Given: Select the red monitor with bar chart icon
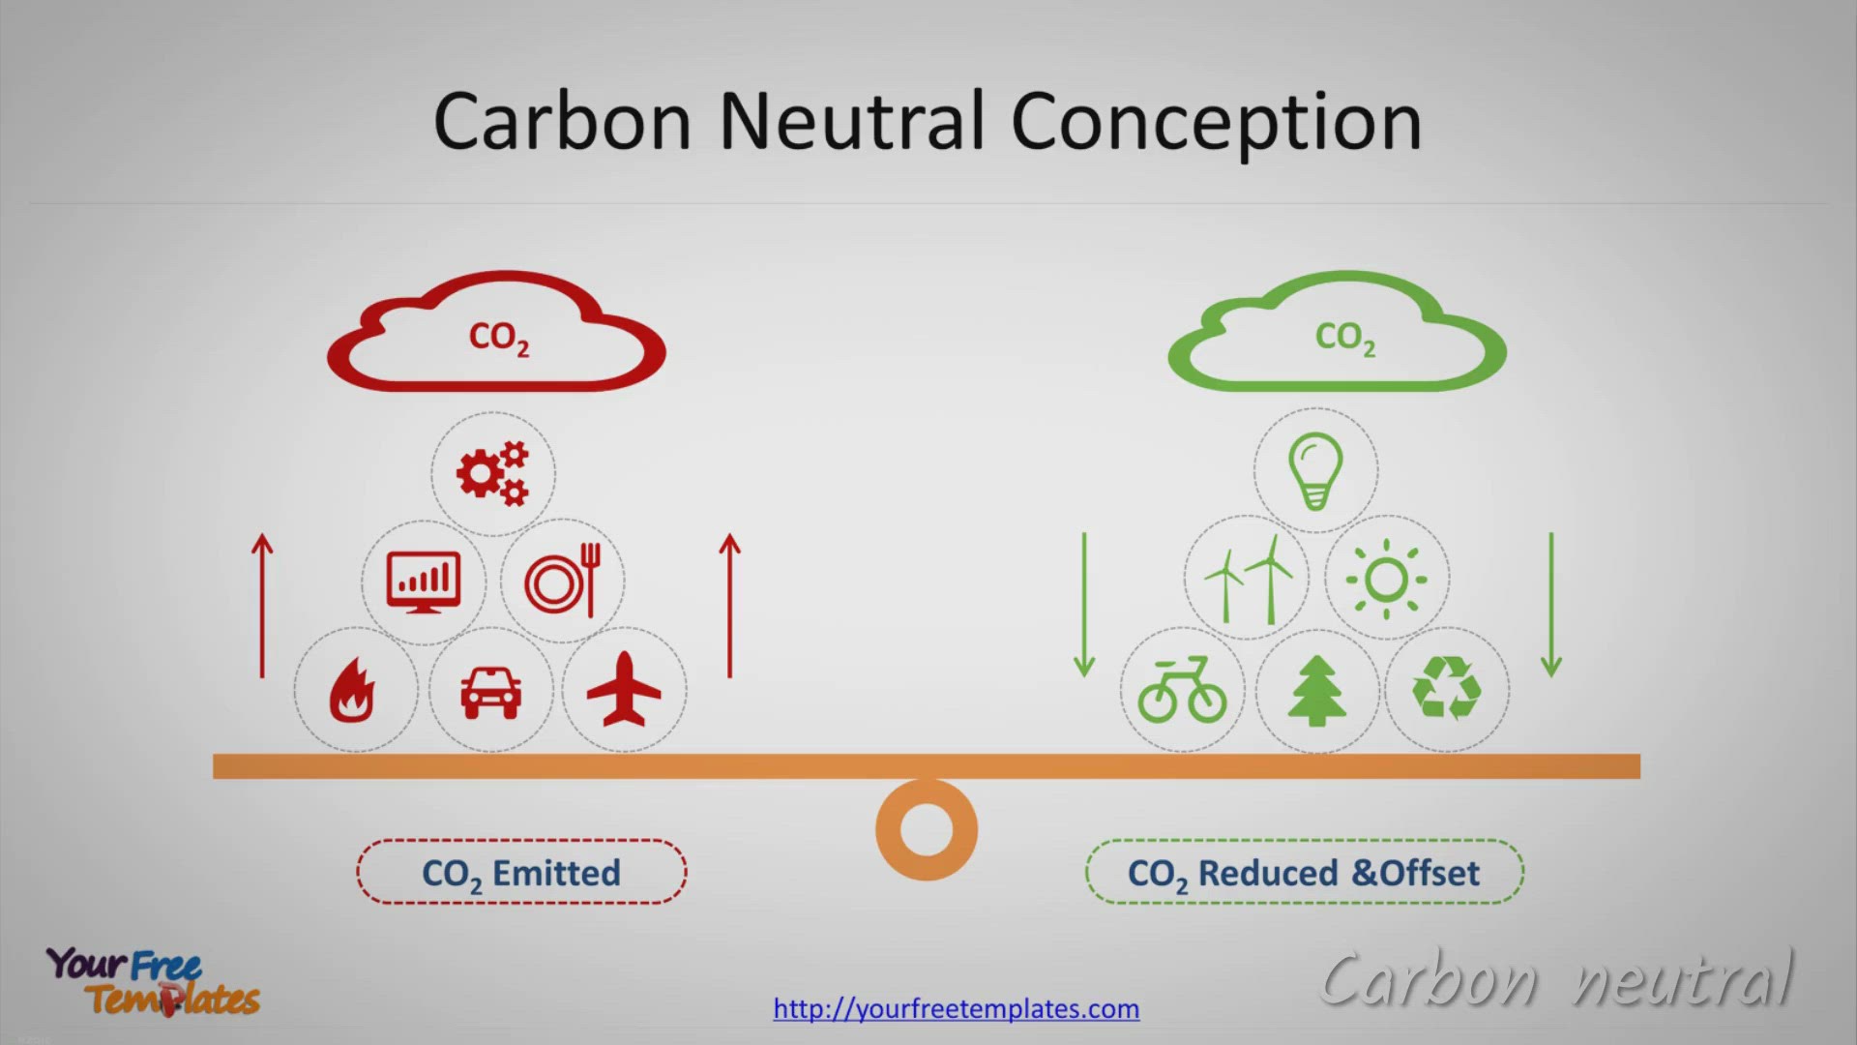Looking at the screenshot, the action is [x=424, y=582].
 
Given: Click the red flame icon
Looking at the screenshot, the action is [x=351, y=691].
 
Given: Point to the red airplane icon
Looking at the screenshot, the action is [x=624, y=689].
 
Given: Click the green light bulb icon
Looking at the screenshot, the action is [x=1315, y=471].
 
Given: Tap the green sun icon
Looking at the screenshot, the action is [x=1386, y=579].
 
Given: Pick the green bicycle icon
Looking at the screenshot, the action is [x=1182, y=690].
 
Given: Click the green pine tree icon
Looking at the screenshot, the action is [x=1316, y=691].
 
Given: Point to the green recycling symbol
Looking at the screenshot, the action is [x=1447, y=688].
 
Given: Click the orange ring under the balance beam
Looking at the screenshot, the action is [x=927, y=792].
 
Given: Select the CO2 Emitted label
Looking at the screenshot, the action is [x=521, y=873].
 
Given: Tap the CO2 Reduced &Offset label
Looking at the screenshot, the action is [x=1304, y=873].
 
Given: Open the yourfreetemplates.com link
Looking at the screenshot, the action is [x=956, y=1008].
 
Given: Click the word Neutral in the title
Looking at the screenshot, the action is [x=851, y=121].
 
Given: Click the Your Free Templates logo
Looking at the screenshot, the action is [x=153, y=981].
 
